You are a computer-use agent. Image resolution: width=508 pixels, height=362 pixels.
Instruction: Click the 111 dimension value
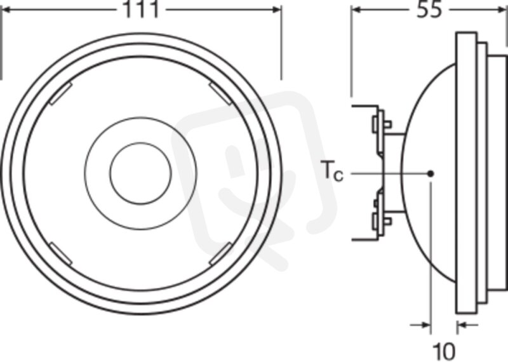coord(141,10)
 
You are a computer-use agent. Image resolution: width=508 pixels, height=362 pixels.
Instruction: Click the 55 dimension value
coord(429,10)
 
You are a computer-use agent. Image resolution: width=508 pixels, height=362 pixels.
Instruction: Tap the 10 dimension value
coord(444,351)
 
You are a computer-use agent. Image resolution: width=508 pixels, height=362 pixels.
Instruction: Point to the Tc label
coord(332,171)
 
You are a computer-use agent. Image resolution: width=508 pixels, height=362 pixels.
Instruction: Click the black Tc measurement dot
coord(431,174)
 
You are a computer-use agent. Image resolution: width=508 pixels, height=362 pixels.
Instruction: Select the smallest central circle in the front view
coord(140,173)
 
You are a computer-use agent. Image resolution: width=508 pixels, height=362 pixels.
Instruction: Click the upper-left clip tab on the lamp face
coord(60,93)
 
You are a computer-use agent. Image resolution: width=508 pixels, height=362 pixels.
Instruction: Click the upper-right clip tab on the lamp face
coord(220,93)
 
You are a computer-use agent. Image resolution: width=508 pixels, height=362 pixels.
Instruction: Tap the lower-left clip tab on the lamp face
coord(60,253)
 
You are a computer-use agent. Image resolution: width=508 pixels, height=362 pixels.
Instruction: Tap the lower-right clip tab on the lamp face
coord(220,253)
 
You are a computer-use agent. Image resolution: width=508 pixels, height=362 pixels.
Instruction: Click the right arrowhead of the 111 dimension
coord(277,10)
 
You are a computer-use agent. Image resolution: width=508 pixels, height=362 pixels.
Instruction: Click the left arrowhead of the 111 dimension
coord(7,10)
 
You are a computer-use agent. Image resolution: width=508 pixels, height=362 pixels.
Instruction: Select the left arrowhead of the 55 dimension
coord(356,10)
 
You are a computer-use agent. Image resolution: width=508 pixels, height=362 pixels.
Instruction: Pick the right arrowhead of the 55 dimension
coord(502,10)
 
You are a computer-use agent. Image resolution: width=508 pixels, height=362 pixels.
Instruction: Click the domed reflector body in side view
coord(428,173)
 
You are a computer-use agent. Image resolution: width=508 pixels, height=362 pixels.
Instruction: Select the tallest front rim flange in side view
coord(466,174)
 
